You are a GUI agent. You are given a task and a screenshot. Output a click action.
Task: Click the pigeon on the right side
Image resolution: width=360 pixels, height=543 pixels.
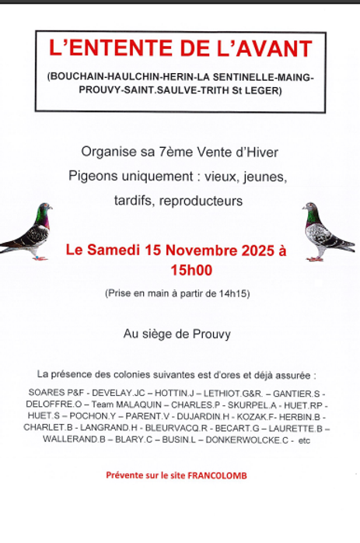click(x=327, y=231)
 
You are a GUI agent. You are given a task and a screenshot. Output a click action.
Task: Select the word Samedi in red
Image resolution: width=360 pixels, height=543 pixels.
click(x=114, y=250)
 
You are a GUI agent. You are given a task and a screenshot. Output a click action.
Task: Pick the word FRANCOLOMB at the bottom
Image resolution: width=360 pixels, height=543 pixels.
click(x=223, y=475)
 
